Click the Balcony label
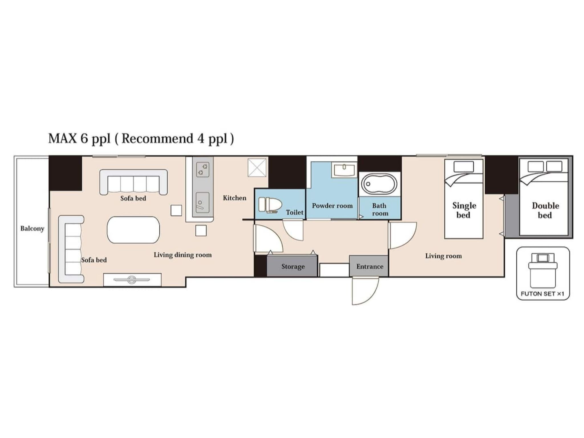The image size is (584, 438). (32, 228)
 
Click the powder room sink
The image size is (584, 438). (344, 170)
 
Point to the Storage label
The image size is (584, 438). (293, 267)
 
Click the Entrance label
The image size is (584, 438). (370, 267)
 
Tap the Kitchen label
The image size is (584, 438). (234, 198)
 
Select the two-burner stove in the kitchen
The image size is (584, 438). (203, 169)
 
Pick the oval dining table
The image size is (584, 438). (133, 230)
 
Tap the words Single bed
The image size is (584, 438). (464, 210)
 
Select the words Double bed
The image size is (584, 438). (545, 210)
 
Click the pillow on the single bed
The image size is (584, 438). (464, 167)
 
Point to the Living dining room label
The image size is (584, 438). (183, 255)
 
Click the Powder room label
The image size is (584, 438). (332, 206)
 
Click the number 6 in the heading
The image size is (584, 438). (84, 138)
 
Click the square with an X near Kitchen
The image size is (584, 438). (257, 167)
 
